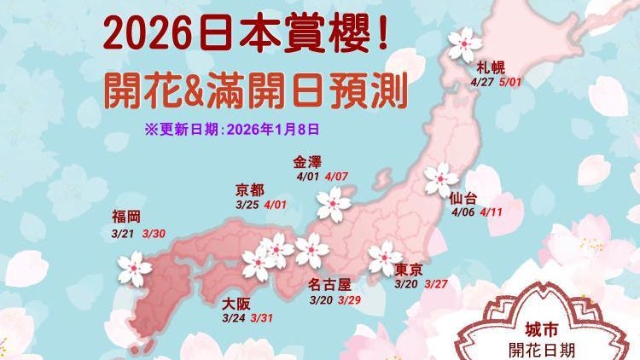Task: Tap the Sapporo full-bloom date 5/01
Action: pos(514,84)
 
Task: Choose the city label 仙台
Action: pos(466,197)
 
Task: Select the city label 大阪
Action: pos(237,303)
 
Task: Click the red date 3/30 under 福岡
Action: pos(154,232)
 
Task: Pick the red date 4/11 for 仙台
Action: pos(492,212)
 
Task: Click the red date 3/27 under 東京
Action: pos(435,284)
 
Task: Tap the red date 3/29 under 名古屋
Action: pos(349,300)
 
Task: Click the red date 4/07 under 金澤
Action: pos(336,177)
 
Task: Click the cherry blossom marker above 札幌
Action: pos(464,43)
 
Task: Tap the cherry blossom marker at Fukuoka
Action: pos(135,268)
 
